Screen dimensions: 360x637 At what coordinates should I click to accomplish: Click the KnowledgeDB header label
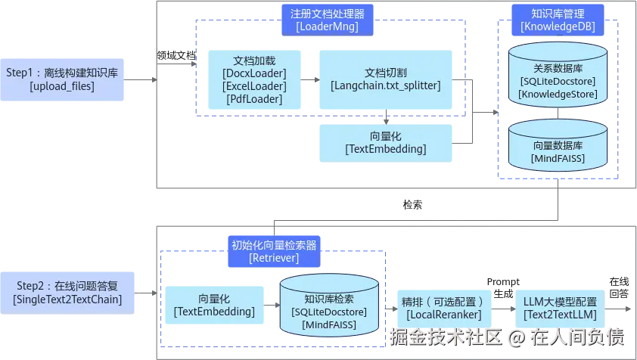pyautogui.click(x=558, y=20)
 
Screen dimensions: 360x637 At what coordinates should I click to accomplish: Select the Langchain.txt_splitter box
pyautogui.click(x=385, y=79)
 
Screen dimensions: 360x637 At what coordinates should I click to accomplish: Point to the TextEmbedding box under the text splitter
pyautogui.click(x=385, y=142)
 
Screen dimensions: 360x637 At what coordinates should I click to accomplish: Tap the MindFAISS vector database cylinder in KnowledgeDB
pyautogui.click(x=558, y=144)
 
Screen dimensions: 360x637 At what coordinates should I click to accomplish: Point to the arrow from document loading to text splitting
pyautogui.click(x=309, y=79)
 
